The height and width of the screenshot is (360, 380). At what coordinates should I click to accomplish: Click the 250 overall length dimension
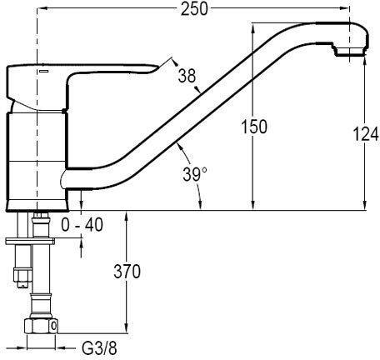coord(194,9)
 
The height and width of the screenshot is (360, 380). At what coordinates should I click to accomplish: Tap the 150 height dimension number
coord(254,127)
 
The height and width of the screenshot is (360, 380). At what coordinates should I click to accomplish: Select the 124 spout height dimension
coord(365,134)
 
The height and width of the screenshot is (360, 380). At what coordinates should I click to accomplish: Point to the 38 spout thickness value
coord(187,76)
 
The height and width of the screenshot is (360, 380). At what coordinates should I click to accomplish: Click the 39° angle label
coord(195,174)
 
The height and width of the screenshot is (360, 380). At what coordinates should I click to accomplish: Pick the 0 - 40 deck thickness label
coord(82,224)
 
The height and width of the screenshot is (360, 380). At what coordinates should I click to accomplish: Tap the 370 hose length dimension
coord(127,272)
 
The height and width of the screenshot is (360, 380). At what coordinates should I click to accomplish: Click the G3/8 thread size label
coord(99,347)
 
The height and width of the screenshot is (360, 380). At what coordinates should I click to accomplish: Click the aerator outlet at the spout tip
coord(349,52)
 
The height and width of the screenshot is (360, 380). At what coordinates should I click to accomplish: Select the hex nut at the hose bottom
coord(41,325)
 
